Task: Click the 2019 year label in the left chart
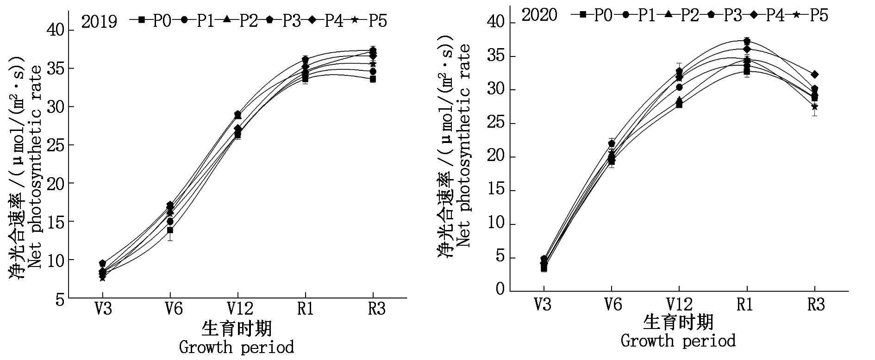(x=99, y=21)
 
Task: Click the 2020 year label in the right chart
(x=539, y=15)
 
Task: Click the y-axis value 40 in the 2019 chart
(x=55, y=31)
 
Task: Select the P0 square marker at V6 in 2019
(x=170, y=230)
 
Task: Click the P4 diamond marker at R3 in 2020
(x=814, y=74)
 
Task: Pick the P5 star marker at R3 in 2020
(x=814, y=106)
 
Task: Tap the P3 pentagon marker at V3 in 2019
(x=102, y=263)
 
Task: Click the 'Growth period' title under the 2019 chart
(x=236, y=347)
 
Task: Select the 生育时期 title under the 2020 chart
(x=678, y=322)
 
